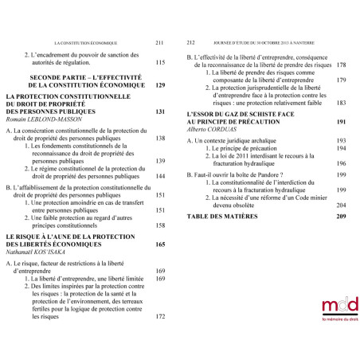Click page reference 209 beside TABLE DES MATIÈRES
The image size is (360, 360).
pos(342,216)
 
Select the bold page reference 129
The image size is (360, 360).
pos(159,84)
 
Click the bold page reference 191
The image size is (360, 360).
pos(342,122)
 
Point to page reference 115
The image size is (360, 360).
pos(159,63)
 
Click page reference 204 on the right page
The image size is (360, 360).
pos(342,204)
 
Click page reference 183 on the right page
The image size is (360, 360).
pos(342,103)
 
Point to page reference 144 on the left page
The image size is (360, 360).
pos(159,176)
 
